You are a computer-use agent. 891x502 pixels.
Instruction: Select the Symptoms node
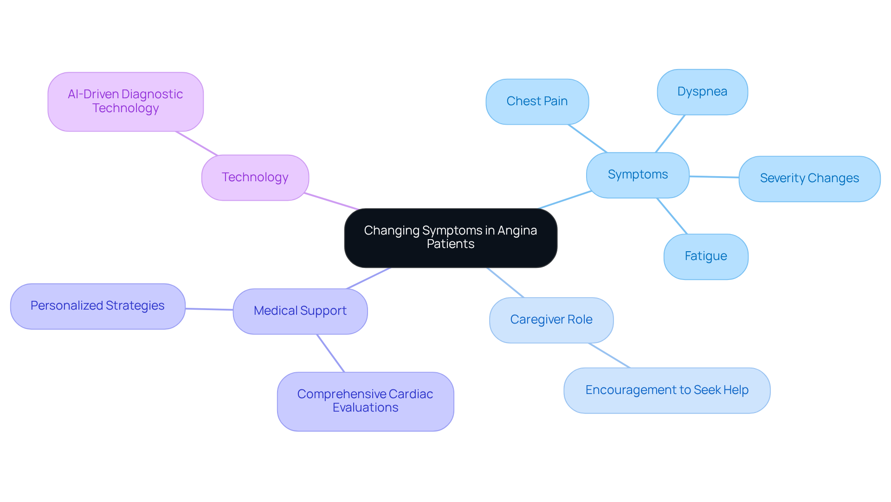638,175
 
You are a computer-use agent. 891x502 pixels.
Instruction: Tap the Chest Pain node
537,102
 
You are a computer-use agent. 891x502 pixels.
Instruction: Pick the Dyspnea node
702,92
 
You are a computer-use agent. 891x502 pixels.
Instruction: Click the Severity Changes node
809,178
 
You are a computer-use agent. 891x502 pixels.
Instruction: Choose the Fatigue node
705,256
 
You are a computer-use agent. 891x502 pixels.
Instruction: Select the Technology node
255,178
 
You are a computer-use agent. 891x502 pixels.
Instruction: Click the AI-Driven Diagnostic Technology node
125,102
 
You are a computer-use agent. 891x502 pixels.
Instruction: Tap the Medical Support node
300,311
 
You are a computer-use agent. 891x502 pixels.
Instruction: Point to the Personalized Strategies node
97,306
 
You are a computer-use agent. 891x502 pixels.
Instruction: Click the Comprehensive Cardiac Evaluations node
365,401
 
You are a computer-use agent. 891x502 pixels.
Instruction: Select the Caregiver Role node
551,320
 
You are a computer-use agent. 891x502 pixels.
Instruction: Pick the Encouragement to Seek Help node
666,390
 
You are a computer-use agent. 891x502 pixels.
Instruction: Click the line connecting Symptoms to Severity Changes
714,177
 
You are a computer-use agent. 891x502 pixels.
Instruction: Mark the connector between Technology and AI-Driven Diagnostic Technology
196,143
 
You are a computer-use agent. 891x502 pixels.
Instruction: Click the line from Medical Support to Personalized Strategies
209,309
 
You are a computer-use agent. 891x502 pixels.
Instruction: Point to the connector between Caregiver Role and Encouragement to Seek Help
609,356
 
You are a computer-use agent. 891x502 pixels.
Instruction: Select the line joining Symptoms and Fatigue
672,216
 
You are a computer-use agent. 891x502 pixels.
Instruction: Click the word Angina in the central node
517,230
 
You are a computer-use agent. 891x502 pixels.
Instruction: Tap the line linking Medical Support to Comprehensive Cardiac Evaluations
330,353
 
